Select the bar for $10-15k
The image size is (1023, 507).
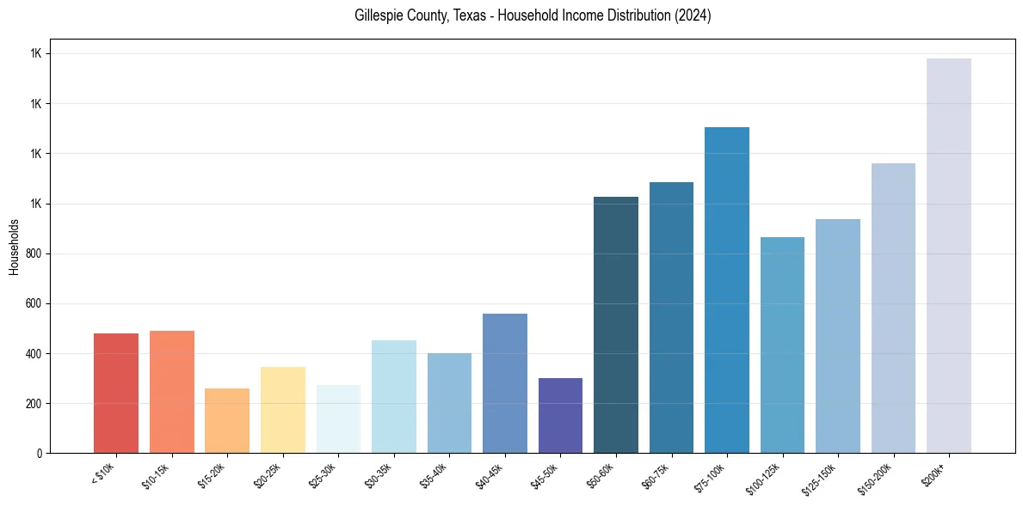pyautogui.click(x=171, y=392)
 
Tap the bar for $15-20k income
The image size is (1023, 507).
pyautogui.click(x=227, y=420)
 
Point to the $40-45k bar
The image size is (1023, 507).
pyautogui.click(x=504, y=383)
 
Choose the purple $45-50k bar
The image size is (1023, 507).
pyautogui.click(x=560, y=415)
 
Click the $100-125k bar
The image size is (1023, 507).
pyautogui.click(x=782, y=345)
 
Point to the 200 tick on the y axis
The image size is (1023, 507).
pyautogui.click(x=34, y=403)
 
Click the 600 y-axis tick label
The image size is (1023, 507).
pyautogui.click(x=34, y=303)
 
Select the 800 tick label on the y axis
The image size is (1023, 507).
pyautogui.click(x=34, y=253)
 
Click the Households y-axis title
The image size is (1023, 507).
pyautogui.click(x=14, y=246)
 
